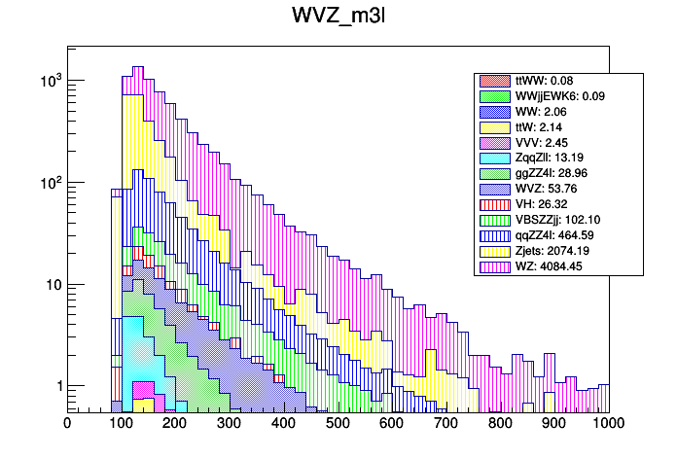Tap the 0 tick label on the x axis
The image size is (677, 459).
click(67, 423)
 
